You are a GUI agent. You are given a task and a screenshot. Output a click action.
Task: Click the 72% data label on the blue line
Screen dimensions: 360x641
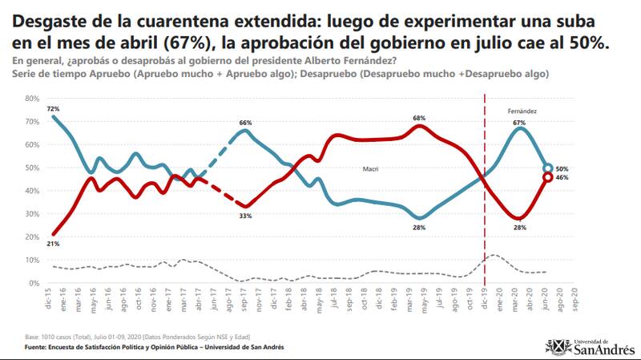[x=53, y=108]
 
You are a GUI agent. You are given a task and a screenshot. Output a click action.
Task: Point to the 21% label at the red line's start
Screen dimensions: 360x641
[x=53, y=244]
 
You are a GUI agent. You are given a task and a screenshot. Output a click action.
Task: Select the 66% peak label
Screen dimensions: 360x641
[x=245, y=123]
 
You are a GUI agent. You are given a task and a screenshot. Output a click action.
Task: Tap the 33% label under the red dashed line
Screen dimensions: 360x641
[x=245, y=216]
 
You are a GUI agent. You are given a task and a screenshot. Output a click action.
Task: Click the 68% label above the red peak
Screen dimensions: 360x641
[x=418, y=118]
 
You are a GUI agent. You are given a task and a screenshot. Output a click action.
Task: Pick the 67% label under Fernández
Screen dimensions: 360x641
[x=518, y=123]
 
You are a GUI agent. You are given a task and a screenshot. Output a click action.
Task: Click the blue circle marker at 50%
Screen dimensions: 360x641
[x=548, y=168]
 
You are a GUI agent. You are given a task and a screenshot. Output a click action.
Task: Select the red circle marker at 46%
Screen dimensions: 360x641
[x=548, y=178]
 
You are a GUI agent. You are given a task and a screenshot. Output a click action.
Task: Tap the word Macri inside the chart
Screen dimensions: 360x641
[x=369, y=169]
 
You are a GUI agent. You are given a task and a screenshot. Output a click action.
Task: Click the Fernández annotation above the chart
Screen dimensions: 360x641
[x=522, y=110]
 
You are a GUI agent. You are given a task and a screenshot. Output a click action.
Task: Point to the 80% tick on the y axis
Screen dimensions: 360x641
[x=33, y=98]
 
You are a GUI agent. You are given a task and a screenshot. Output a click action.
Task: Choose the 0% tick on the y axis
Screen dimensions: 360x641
[x=35, y=283]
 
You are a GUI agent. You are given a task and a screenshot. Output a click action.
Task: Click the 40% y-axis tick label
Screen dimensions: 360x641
[x=33, y=191]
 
